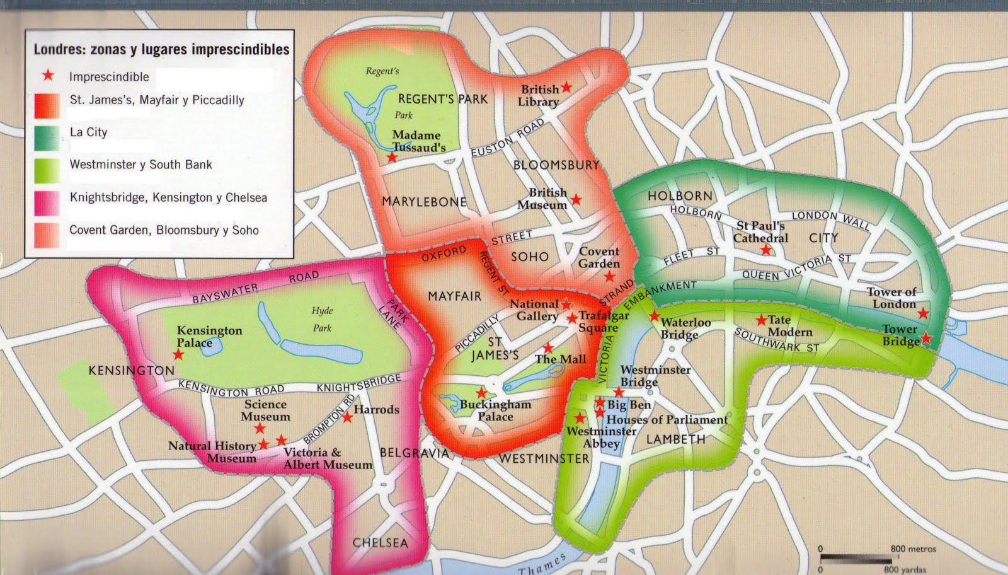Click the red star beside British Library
pyautogui.click(x=566, y=86)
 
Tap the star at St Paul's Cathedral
pyautogui.click(x=765, y=250)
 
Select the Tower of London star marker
pyautogui.click(x=923, y=313)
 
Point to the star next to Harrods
pyautogui.click(x=347, y=417)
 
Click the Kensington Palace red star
pyautogui.click(x=178, y=354)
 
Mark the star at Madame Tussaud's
pyautogui.click(x=392, y=156)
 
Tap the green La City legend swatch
pyautogui.click(x=47, y=138)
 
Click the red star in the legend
pyautogui.click(x=48, y=76)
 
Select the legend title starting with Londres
pyautogui.click(x=161, y=50)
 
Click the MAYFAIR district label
pyautogui.click(x=454, y=296)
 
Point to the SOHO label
pyautogui.click(x=530, y=257)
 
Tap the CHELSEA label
pyautogui.click(x=380, y=543)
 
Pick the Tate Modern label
pyautogui.click(x=790, y=326)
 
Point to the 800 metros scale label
pyautogui.click(x=913, y=549)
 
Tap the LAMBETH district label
pyautogui.click(x=676, y=439)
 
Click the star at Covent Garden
pyautogui.click(x=609, y=276)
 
